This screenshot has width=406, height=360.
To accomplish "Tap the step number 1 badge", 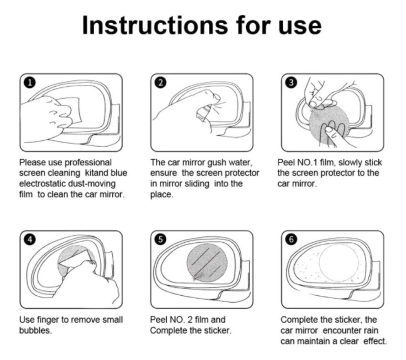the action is (x=30, y=83).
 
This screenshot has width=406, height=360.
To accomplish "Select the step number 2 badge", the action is (x=161, y=83).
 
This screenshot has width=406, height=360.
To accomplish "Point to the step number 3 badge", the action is (x=291, y=83).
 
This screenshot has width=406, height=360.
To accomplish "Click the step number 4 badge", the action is (x=30, y=239).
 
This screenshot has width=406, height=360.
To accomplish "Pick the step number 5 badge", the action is (x=161, y=239).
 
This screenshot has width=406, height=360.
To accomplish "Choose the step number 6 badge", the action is (x=291, y=239).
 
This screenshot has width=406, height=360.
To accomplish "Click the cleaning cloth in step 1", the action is (x=71, y=110).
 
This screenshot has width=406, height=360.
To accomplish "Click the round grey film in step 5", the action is (x=207, y=263).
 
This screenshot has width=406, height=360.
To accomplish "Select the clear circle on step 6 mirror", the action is (x=339, y=264).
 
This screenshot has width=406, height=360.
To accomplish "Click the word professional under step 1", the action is (x=88, y=163).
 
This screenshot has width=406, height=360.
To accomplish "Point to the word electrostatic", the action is (x=43, y=183).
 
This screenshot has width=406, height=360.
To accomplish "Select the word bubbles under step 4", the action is (x=35, y=331).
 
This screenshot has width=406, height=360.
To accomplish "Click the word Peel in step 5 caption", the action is (x=158, y=320).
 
